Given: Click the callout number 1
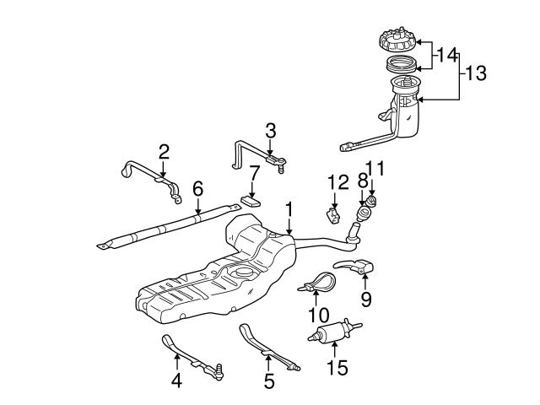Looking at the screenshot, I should click(x=289, y=207).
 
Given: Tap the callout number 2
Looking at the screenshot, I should click(x=164, y=152).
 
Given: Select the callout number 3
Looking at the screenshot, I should click(x=270, y=130).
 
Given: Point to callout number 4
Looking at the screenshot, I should click(x=177, y=381).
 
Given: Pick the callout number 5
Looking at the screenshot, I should click(x=268, y=381).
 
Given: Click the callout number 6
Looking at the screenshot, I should click(x=197, y=188).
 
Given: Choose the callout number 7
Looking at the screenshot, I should click(x=253, y=172).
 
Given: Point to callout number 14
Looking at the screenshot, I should click(x=446, y=56).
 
